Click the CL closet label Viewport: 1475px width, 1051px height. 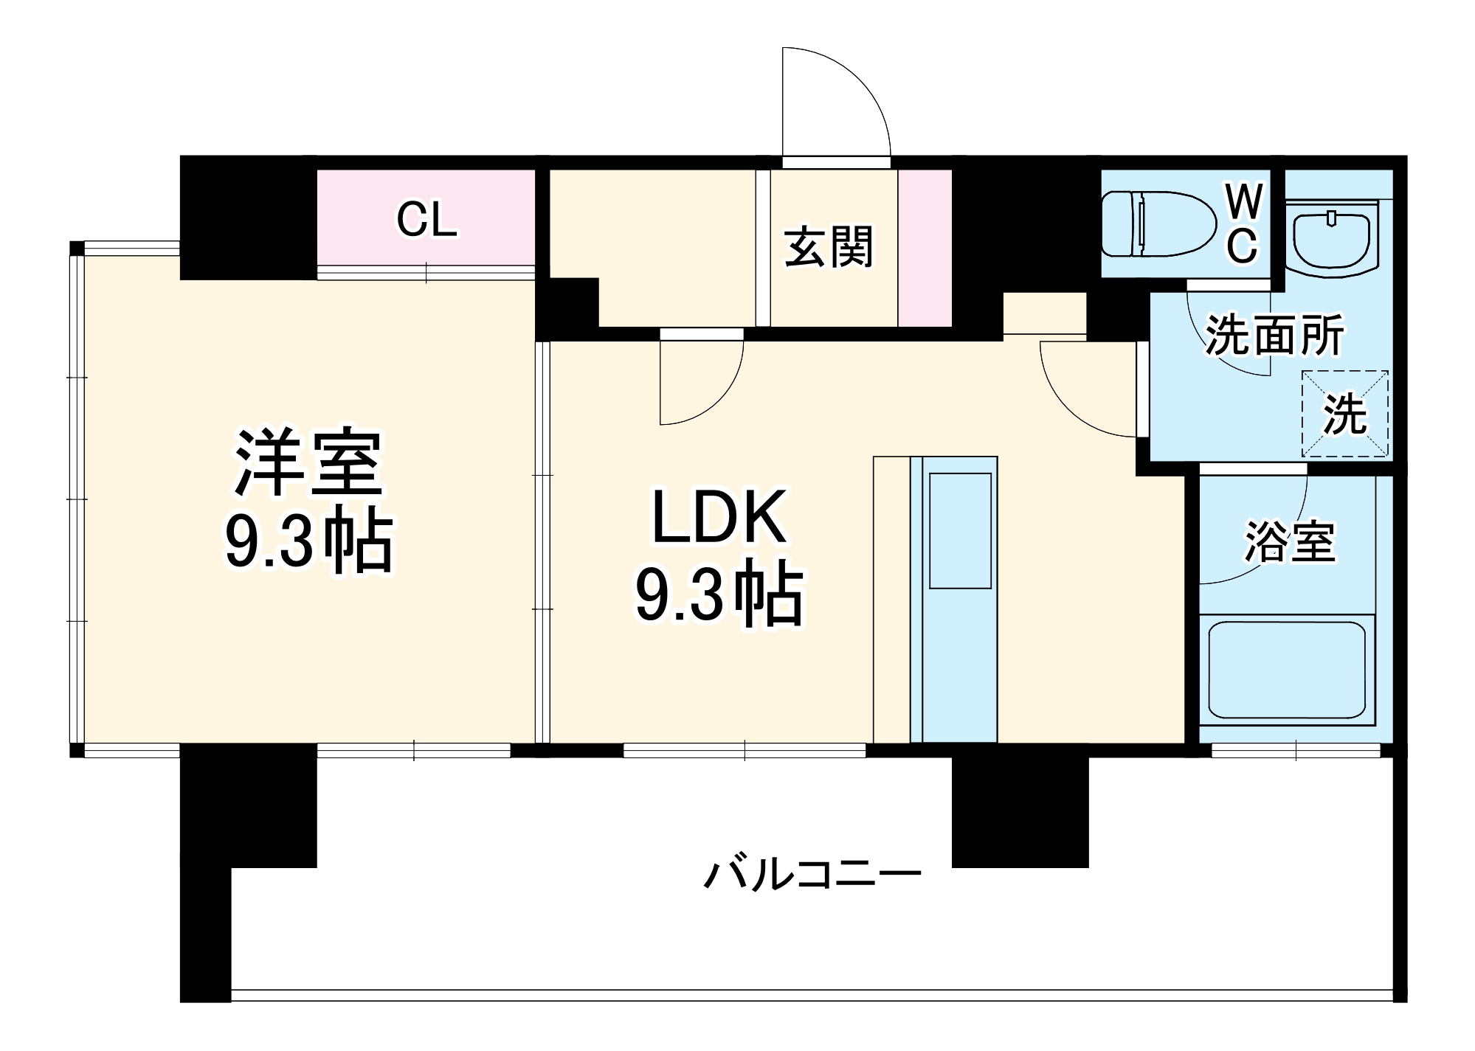coord(426,220)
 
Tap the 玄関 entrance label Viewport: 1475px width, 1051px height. coord(829,247)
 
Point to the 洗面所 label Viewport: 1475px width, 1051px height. coord(1274,336)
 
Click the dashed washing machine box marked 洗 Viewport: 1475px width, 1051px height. coord(1344,414)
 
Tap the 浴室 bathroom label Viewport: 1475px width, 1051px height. coord(1290,542)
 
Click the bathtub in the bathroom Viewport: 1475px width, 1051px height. coord(1287,670)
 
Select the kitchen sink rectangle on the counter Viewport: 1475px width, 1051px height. coord(959,530)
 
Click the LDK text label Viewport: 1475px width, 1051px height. coord(719,518)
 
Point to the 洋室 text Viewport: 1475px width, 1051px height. coord(308,464)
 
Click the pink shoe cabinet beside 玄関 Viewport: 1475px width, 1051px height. coord(925,248)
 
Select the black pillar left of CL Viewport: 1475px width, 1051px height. coord(248,218)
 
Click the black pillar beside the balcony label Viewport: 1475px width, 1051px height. coord(1020,811)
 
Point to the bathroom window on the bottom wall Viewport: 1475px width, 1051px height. coord(1296,751)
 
